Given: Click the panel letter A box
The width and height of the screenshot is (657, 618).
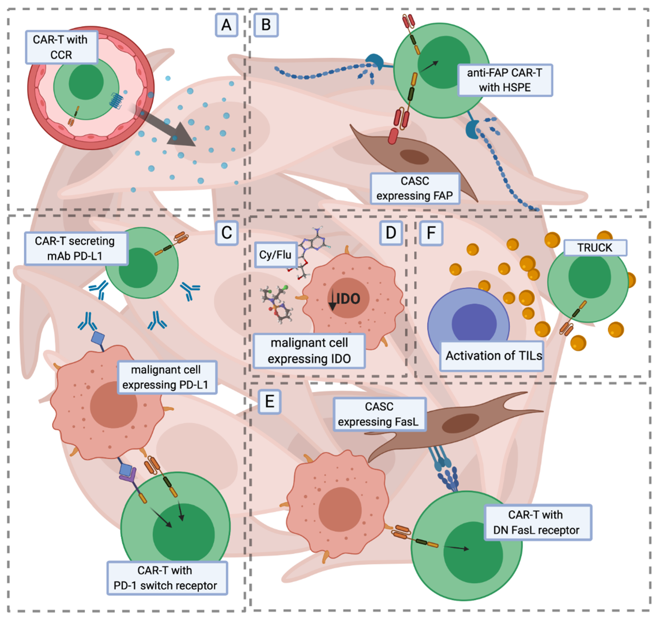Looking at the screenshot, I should click(x=226, y=25).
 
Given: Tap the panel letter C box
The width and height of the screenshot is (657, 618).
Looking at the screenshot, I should click(x=227, y=233).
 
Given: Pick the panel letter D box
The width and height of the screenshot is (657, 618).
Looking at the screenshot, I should click(x=391, y=233).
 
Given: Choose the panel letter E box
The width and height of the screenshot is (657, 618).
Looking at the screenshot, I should click(x=270, y=402).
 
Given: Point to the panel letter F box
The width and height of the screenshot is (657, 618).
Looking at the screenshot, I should click(x=431, y=233).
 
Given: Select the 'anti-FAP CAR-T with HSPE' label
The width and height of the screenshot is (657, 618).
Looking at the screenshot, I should click(x=505, y=80).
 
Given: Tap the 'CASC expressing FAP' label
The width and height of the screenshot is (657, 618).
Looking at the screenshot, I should click(x=415, y=188).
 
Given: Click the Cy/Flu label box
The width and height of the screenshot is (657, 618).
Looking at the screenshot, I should click(x=275, y=255).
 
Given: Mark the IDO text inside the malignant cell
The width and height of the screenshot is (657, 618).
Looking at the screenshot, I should click(x=348, y=299).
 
